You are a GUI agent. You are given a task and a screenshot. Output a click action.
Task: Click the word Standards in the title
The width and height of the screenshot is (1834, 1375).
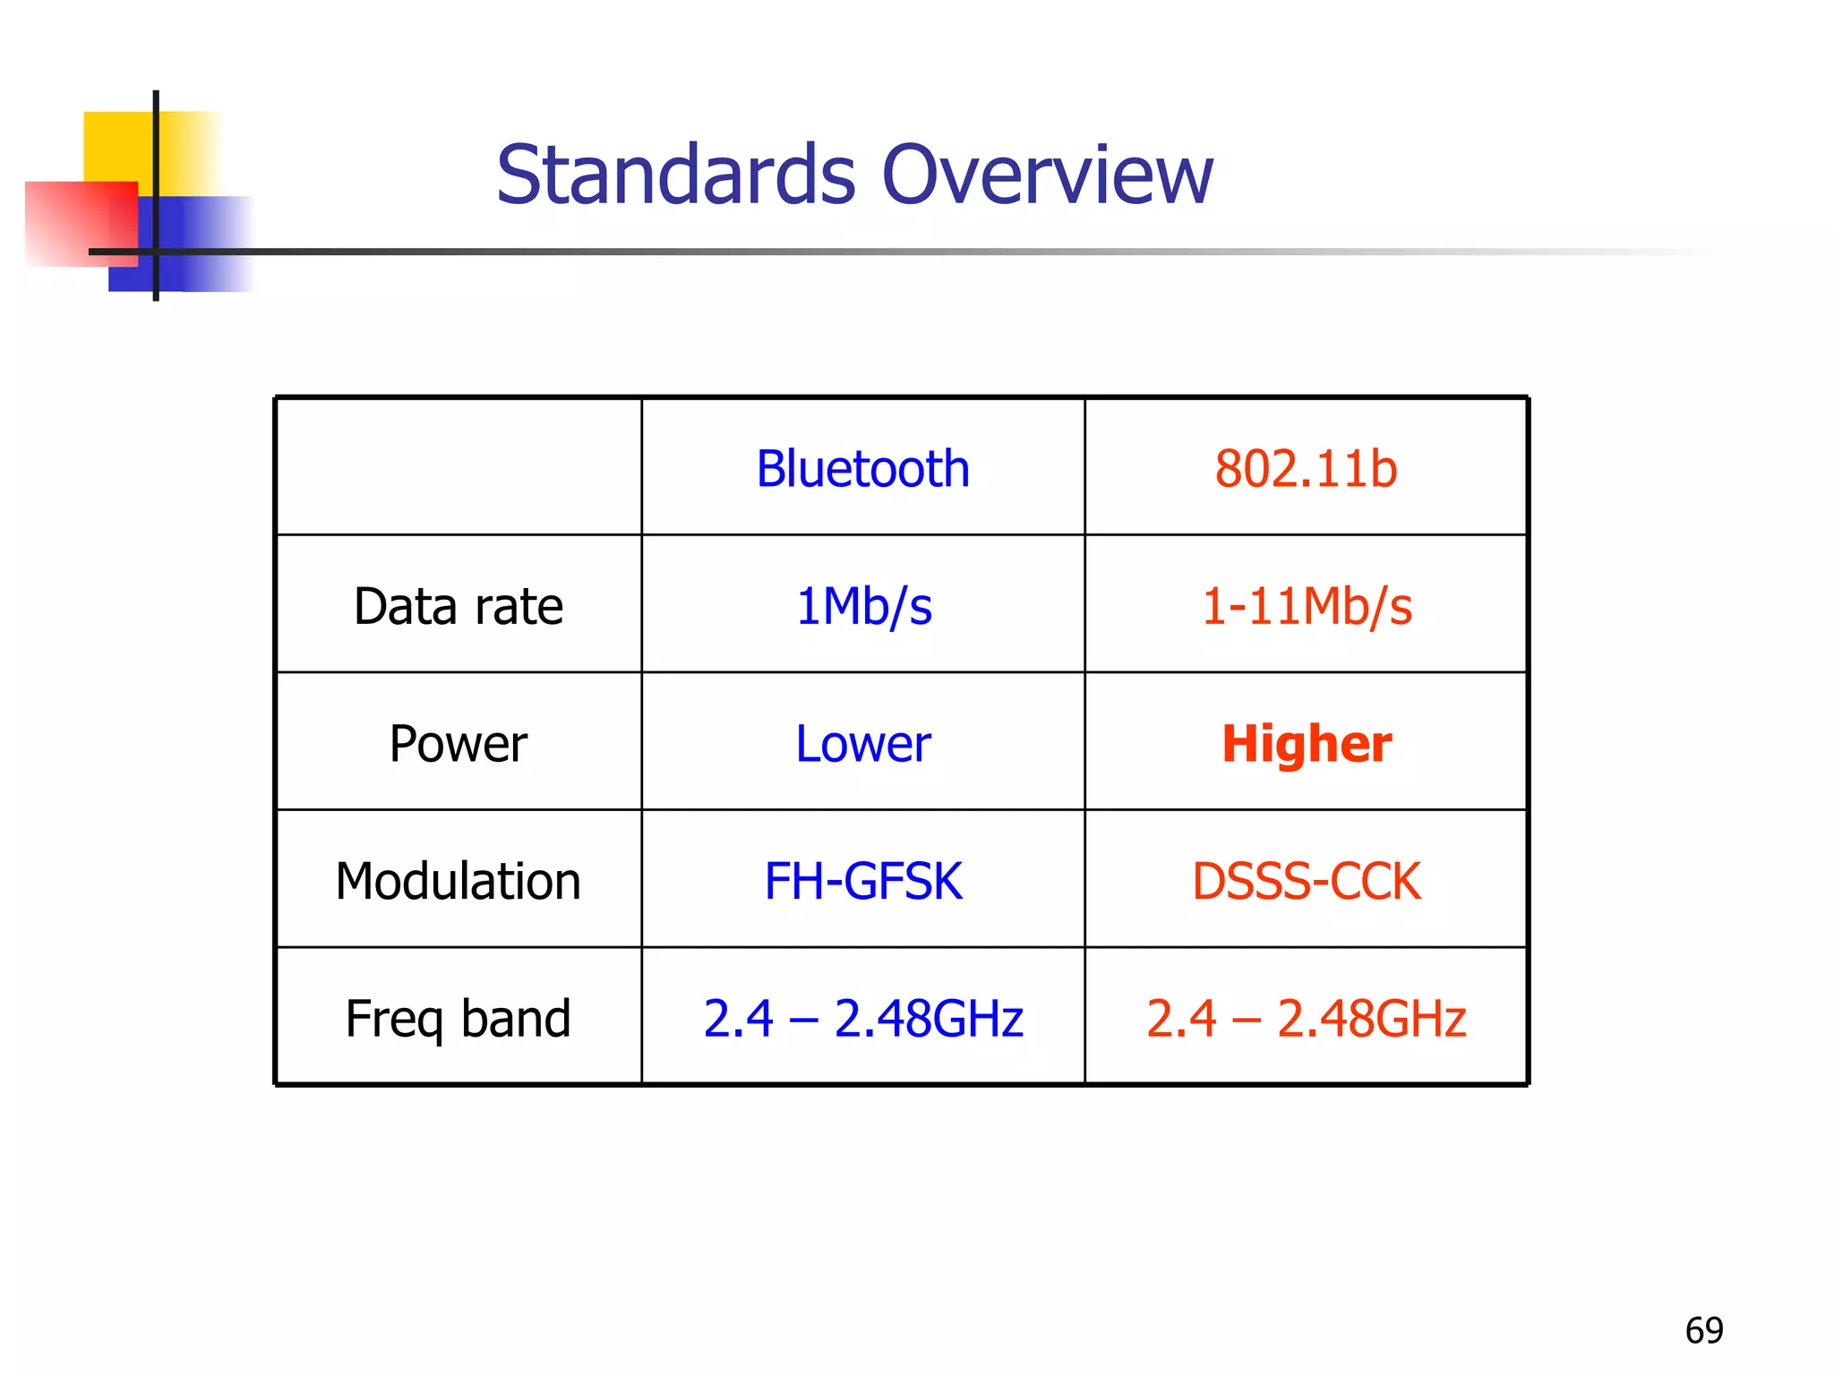(x=676, y=175)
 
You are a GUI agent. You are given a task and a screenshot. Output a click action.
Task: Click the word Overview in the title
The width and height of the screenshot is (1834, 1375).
(x=1047, y=175)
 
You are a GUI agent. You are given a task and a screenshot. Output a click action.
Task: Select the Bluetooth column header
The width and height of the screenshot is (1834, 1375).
(x=862, y=468)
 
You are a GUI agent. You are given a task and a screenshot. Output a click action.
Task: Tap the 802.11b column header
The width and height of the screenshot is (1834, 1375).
(x=1306, y=468)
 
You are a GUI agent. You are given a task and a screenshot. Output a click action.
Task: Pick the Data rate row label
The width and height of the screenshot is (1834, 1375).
(x=458, y=606)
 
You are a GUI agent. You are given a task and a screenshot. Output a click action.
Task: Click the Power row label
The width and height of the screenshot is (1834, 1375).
(x=458, y=744)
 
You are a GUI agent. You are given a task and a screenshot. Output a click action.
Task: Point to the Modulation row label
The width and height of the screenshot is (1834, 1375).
(x=458, y=881)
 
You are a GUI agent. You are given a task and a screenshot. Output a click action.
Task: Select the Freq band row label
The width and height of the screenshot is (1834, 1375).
(x=458, y=1019)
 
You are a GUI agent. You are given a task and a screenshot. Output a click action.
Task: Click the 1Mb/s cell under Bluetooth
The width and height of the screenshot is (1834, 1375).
(x=863, y=606)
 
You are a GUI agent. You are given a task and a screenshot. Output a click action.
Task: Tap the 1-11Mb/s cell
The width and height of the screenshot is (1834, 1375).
(x=1306, y=606)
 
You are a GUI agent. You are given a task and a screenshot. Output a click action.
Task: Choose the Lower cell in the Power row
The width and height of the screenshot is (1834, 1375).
(x=863, y=744)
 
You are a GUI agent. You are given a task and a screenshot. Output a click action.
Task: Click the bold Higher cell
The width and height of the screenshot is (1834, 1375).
(x=1307, y=744)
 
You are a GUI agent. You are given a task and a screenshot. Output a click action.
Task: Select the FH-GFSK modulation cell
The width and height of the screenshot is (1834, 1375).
(x=863, y=881)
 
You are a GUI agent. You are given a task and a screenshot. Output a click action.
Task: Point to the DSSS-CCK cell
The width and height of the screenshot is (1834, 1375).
(x=1306, y=881)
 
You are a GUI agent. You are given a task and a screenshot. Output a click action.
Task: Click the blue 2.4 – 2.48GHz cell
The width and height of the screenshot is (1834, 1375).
(x=863, y=1019)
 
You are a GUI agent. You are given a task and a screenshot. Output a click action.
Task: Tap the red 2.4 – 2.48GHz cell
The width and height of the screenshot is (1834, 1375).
(x=1306, y=1019)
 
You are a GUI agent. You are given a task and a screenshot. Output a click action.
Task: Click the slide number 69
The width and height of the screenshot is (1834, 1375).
(x=1704, y=1330)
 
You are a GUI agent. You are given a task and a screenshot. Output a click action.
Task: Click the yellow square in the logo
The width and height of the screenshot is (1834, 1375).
(x=116, y=143)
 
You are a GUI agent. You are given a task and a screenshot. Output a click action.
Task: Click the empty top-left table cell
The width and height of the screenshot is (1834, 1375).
(x=458, y=466)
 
